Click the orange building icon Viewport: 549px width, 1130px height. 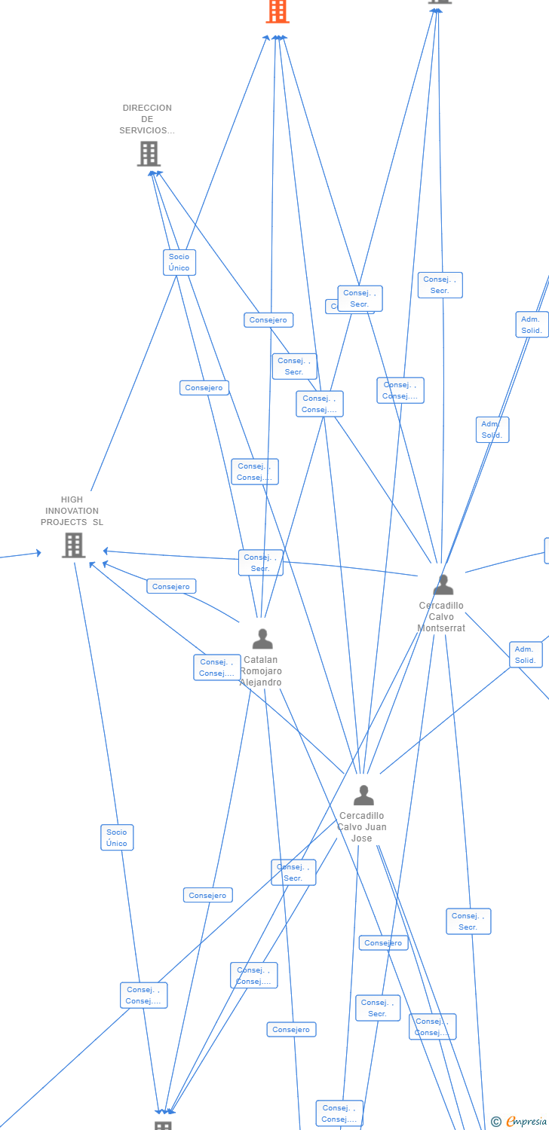[278, 11]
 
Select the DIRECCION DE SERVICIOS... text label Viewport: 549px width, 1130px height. [147, 119]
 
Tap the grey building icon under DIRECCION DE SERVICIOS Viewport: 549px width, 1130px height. [149, 154]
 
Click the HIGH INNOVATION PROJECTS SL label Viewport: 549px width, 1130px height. [72, 511]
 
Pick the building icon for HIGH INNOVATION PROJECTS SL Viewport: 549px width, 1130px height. [73, 545]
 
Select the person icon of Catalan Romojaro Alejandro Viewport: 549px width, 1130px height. [262, 639]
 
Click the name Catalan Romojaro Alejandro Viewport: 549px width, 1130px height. [261, 671]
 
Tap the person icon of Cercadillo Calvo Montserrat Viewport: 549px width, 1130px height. [443, 585]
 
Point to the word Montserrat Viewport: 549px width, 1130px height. [441, 628]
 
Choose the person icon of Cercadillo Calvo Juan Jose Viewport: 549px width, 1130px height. [363, 795]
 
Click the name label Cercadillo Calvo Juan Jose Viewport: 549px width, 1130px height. [362, 827]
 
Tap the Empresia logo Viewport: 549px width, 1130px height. [526, 1122]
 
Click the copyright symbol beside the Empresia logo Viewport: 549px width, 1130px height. [496, 1122]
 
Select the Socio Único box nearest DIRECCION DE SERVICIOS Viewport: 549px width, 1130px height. [179, 262]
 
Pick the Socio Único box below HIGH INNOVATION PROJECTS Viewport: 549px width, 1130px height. [117, 838]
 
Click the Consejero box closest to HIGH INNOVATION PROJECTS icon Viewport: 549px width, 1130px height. [171, 586]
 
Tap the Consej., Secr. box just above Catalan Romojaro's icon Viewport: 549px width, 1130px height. [260, 563]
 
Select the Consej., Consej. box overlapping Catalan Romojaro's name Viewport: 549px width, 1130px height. [216, 667]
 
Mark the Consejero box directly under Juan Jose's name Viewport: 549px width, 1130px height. [383, 943]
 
